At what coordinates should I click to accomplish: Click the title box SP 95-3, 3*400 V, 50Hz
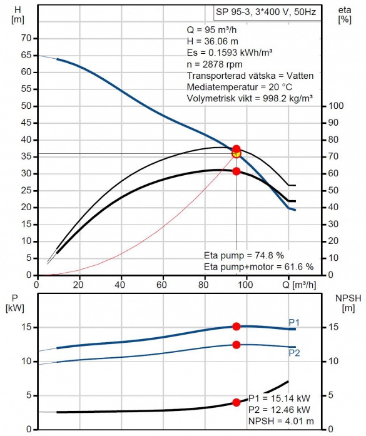click(x=267, y=13)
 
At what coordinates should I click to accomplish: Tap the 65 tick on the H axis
click(x=26, y=55)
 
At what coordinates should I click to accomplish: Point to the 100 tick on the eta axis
click(x=336, y=106)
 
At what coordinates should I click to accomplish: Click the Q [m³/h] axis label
click(x=299, y=285)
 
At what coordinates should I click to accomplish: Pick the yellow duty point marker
click(x=236, y=154)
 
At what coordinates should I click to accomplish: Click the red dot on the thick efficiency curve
click(x=236, y=171)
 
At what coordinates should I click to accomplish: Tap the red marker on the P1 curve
click(x=236, y=327)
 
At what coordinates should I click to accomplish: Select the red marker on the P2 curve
click(x=236, y=345)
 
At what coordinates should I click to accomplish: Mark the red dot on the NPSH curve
click(x=236, y=402)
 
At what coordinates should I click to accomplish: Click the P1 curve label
click(x=294, y=323)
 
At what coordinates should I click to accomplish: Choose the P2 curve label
click(x=294, y=353)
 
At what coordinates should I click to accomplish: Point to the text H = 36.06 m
click(x=213, y=41)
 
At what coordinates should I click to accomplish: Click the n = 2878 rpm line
click(x=215, y=64)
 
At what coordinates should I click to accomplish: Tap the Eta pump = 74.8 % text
click(x=244, y=255)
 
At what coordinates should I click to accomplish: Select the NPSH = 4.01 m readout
click(x=281, y=421)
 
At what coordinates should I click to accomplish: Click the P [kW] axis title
click(x=15, y=303)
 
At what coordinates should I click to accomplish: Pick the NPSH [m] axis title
click(x=348, y=303)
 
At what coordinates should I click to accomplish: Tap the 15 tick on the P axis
click(x=26, y=327)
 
